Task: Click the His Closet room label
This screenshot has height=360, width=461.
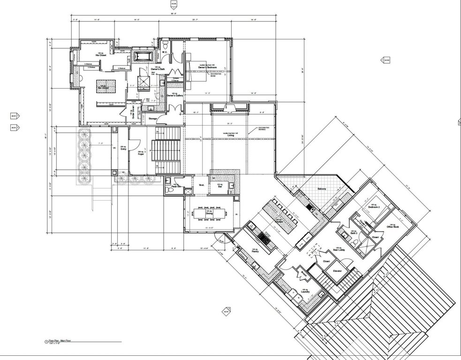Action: click(100, 55)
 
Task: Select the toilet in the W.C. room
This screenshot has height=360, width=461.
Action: click(166, 45)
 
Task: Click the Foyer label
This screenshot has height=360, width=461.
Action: click(140, 153)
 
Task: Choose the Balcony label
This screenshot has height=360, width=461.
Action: click(321, 189)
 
